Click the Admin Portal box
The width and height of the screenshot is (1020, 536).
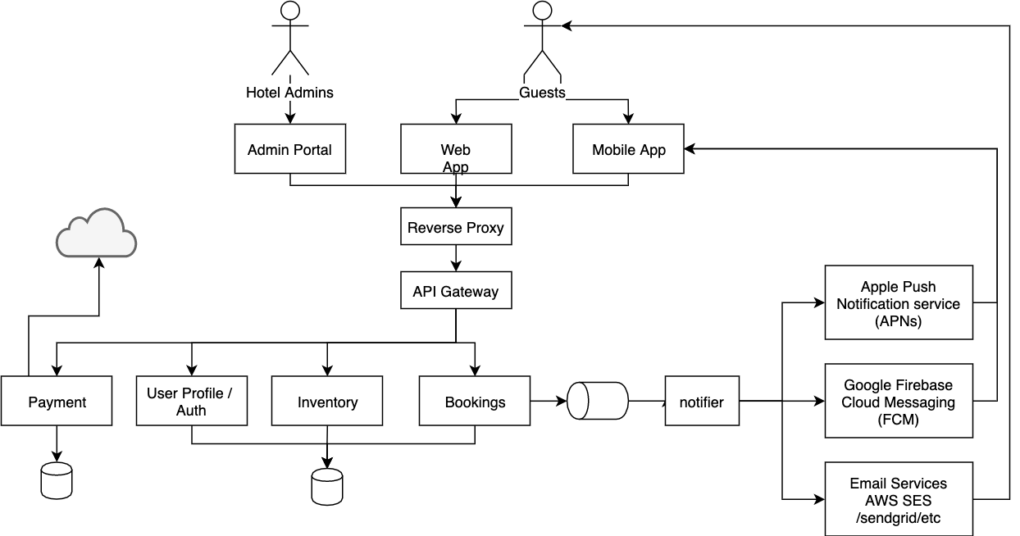click(x=290, y=149)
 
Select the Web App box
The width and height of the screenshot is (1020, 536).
click(x=456, y=149)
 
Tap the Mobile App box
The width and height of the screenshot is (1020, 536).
click(x=628, y=149)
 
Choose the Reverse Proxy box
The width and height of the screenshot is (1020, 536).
click(x=456, y=226)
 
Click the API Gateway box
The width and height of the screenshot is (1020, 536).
click(x=456, y=290)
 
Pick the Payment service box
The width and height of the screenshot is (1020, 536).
click(x=57, y=401)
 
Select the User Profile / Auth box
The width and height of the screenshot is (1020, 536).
click(x=192, y=401)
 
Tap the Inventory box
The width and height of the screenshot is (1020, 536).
click(x=327, y=401)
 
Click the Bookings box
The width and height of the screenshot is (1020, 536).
click(x=475, y=401)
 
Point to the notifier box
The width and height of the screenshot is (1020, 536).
click(x=702, y=401)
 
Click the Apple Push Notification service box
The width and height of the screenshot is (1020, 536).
click(x=899, y=302)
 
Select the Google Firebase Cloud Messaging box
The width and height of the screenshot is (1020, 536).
click(x=899, y=401)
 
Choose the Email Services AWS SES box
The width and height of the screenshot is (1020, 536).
click(x=899, y=499)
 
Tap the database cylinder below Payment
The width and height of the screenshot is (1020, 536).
click(x=57, y=481)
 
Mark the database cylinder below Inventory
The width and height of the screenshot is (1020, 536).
click(x=327, y=487)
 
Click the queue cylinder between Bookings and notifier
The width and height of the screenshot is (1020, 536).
click(x=598, y=401)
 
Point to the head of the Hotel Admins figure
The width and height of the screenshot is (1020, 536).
click(x=290, y=10)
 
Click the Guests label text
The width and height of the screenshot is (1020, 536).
click(x=542, y=93)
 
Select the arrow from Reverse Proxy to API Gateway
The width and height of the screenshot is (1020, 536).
click(x=456, y=258)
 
